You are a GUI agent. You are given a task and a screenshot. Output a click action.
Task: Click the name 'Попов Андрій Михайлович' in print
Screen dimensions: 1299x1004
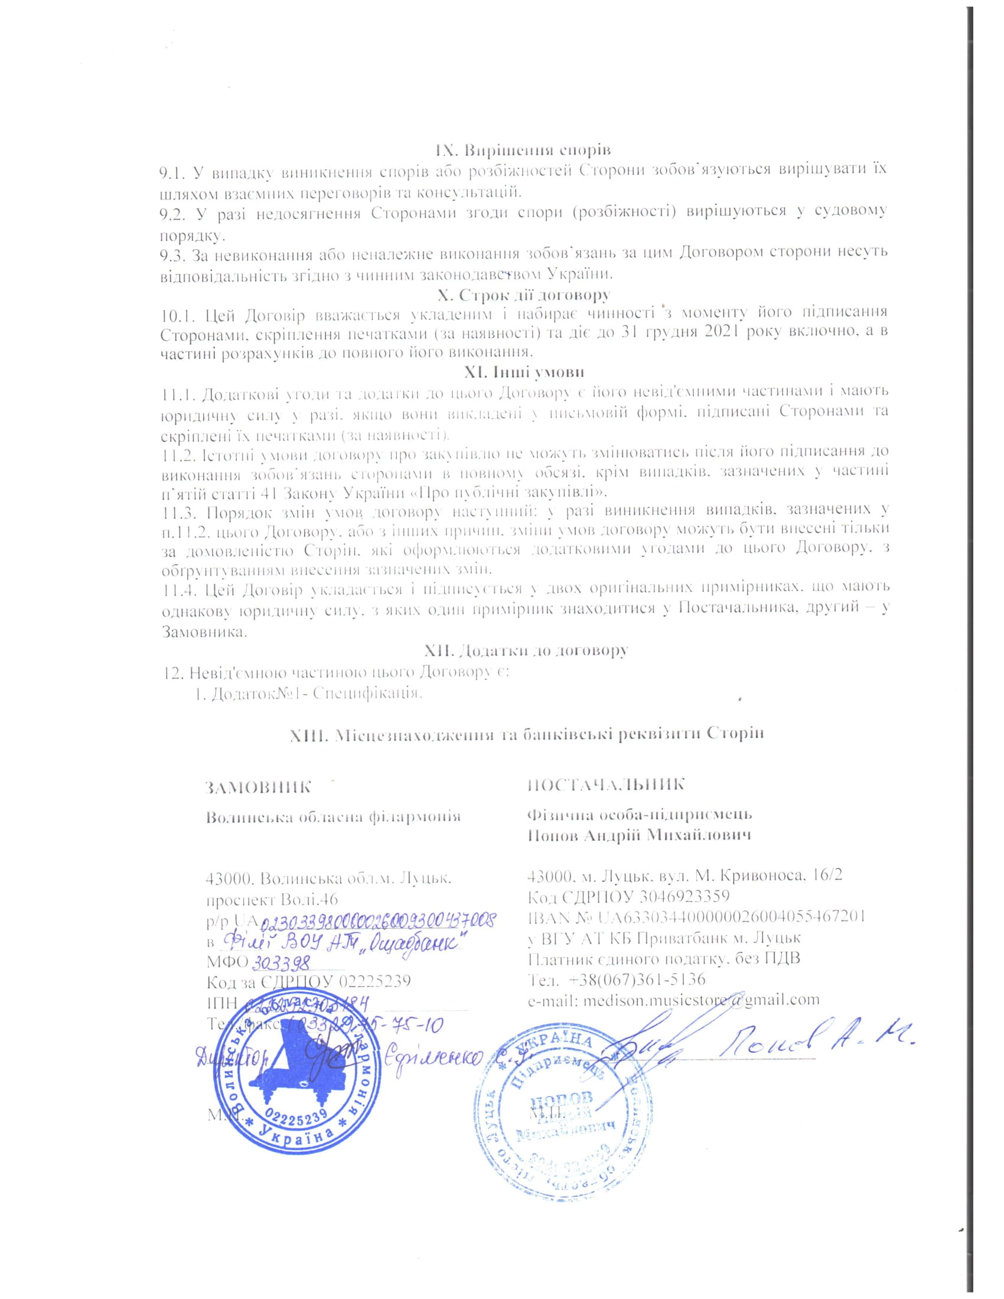coord(639,834)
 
